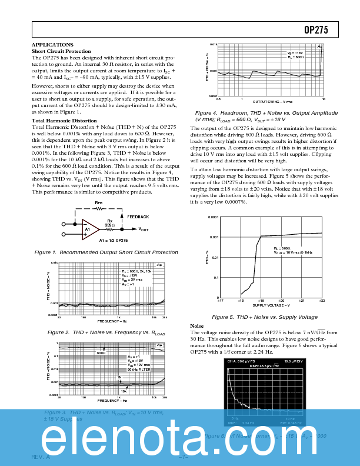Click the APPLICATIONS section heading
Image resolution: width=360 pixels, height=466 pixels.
pos(52,45)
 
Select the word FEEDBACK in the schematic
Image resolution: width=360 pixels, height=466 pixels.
pos(138,217)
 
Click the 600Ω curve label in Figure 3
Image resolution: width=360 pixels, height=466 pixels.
pos(101,353)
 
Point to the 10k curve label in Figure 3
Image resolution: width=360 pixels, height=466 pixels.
pos(124,391)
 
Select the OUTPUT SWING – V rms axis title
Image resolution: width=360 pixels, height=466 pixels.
pos(272,102)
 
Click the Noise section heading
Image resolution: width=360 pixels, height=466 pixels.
pos(197,326)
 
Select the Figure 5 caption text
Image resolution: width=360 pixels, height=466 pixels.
pos(264,317)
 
